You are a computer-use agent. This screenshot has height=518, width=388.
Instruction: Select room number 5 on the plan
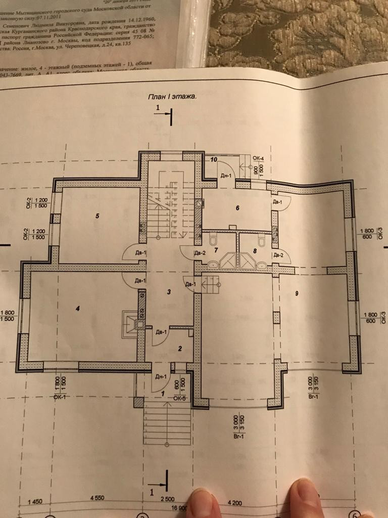(97, 216)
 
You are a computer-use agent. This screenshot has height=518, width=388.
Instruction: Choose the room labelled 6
(236, 208)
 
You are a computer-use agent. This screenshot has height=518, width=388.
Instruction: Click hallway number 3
(169, 291)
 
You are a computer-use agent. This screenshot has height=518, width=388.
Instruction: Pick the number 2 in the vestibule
(179, 349)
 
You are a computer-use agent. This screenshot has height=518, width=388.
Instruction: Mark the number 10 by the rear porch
(214, 160)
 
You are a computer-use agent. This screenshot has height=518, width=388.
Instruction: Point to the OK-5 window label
(179, 398)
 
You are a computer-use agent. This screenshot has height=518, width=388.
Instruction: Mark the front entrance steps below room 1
(167, 423)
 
